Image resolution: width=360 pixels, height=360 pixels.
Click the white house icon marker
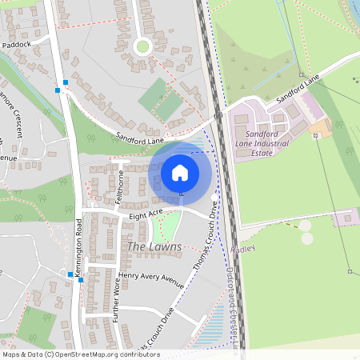179,171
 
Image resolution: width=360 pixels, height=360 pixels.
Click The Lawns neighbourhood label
154,246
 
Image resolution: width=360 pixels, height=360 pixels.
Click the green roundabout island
142,46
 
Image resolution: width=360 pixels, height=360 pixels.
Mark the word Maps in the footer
11,354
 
